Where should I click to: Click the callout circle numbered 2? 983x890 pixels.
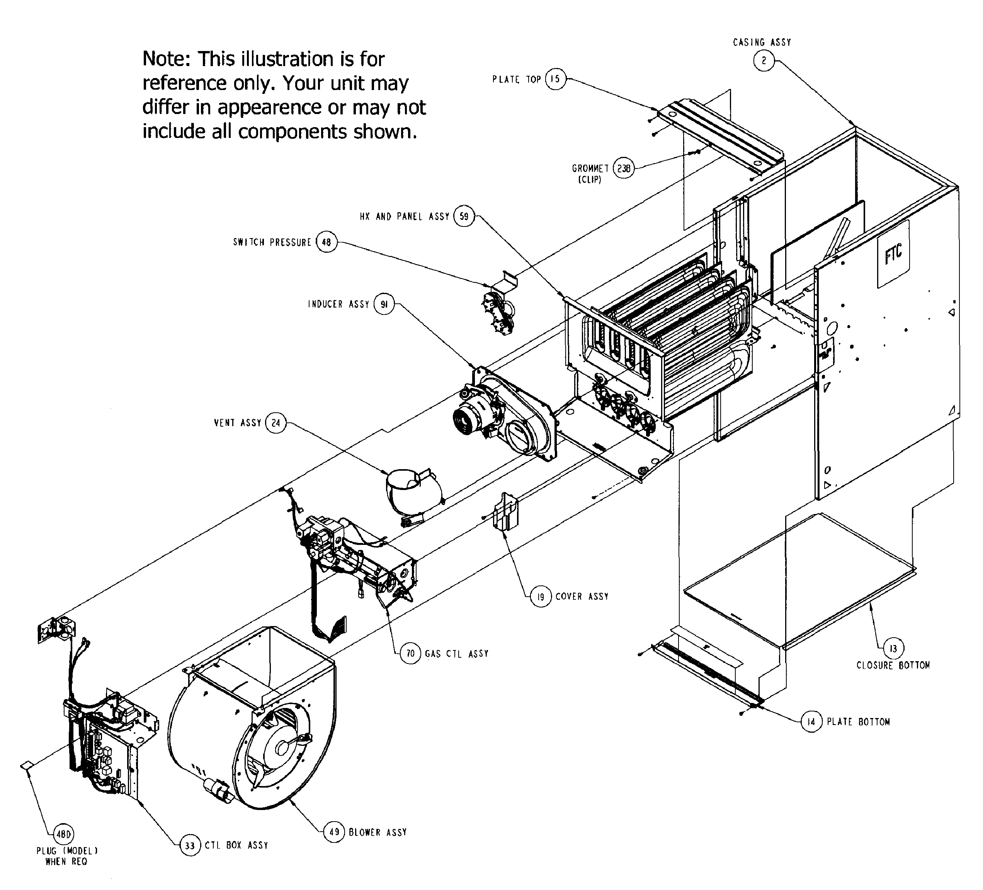point(764,61)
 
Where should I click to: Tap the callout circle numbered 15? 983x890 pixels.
point(555,79)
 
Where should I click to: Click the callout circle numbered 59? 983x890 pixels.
point(464,216)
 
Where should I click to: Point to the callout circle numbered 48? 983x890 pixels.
point(326,242)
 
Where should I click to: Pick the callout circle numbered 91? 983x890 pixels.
point(384,304)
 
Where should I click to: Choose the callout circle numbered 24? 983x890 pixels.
point(276,423)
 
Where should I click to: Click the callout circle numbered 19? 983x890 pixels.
point(541,596)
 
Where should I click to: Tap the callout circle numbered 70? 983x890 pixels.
point(411,653)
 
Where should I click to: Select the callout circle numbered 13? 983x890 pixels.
point(893,648)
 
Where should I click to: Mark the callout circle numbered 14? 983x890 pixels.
point(811,722)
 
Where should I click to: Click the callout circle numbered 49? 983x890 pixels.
point(334,832)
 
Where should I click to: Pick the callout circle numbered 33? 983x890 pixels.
point(190,846)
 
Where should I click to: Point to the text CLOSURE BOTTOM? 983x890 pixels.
point(893,665)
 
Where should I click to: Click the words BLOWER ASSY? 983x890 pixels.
point(378,832)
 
